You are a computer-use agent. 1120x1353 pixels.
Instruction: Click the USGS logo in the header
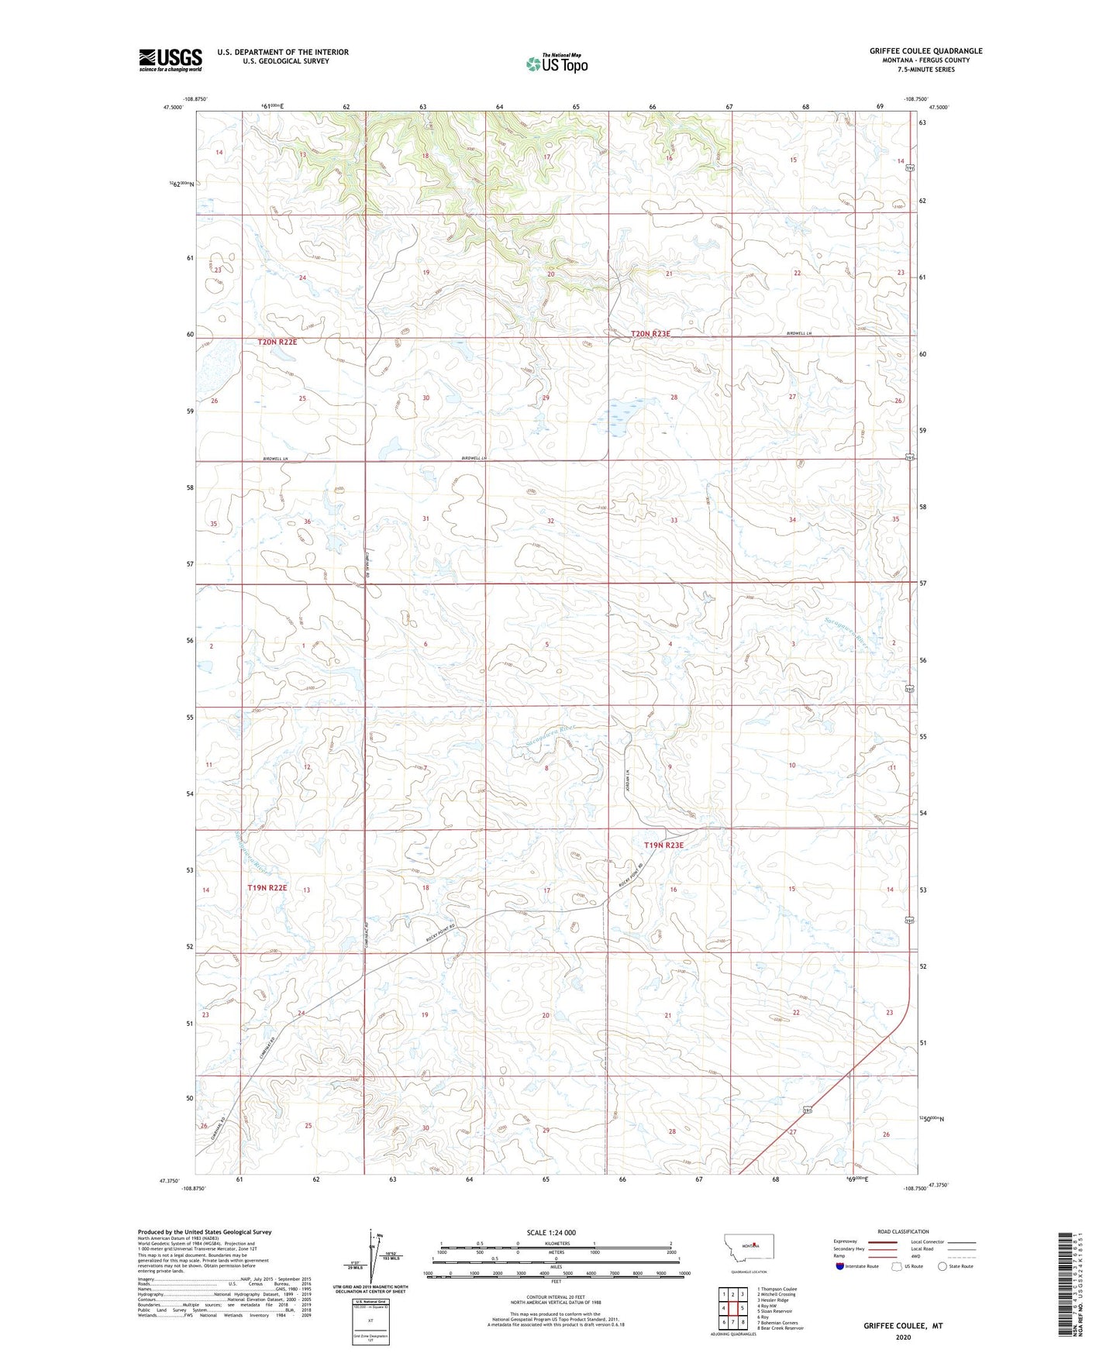click(x=170, y=60)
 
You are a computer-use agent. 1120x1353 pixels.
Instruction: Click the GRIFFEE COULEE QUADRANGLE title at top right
click(x=925, y=51)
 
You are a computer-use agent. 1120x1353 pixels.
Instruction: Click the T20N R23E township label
click(x=650, y=334)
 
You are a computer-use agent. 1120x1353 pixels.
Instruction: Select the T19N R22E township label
click(x=267, y=888)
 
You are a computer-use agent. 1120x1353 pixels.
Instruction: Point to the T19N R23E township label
click(x=663, y=845)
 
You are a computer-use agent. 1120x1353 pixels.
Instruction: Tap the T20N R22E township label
click(x=277, y=342)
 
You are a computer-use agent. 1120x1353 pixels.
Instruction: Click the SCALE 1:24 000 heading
click(x=551, y=1233)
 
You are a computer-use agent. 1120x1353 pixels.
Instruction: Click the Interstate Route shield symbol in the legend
click(x=839, y=1266)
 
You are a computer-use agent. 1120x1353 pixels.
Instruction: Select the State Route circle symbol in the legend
click(x=943, y=1266)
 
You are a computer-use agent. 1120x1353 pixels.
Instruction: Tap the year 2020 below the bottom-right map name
click(x=903, y=1338)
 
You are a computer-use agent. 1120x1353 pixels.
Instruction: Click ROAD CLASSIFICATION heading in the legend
click(x=903, y=1231)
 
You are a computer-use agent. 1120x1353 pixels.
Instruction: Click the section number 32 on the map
click(x=550, y=521)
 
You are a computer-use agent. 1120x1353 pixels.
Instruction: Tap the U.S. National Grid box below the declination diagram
click(x=370, y=1320)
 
